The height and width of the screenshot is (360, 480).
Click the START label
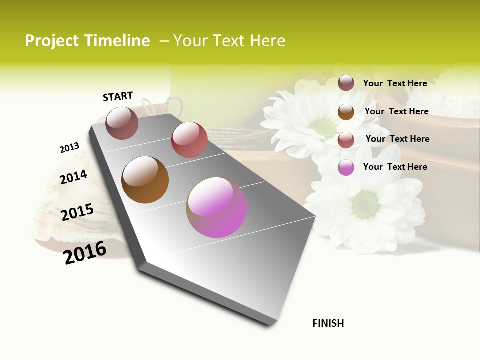pos(118,96)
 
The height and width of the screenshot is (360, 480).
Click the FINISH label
pos(328,323)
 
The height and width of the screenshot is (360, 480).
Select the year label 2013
pos(69,148)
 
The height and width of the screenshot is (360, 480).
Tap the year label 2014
pos(74,177)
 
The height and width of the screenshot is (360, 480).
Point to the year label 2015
pos(77,212)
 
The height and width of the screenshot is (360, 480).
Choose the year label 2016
pos(85,252)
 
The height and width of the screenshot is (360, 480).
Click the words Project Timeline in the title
pos(87,41)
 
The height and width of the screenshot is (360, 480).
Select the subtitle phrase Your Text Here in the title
pos(229,41)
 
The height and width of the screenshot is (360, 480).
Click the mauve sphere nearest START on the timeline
pos(122,123)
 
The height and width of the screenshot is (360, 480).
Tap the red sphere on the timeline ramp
pos(189,140)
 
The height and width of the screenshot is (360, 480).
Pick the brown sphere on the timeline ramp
pos(145,180)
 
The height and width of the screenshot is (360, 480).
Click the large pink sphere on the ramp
pos(216,207)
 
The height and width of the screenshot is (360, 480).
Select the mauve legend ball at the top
pos(346,83)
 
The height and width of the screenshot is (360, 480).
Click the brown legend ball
pos(346,111)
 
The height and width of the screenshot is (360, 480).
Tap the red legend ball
pos(346,139)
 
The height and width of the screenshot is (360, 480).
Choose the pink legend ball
pos(346,167)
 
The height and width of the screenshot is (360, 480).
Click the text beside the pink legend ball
pos(395,167)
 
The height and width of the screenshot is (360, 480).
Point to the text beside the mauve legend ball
pos(395,83)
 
